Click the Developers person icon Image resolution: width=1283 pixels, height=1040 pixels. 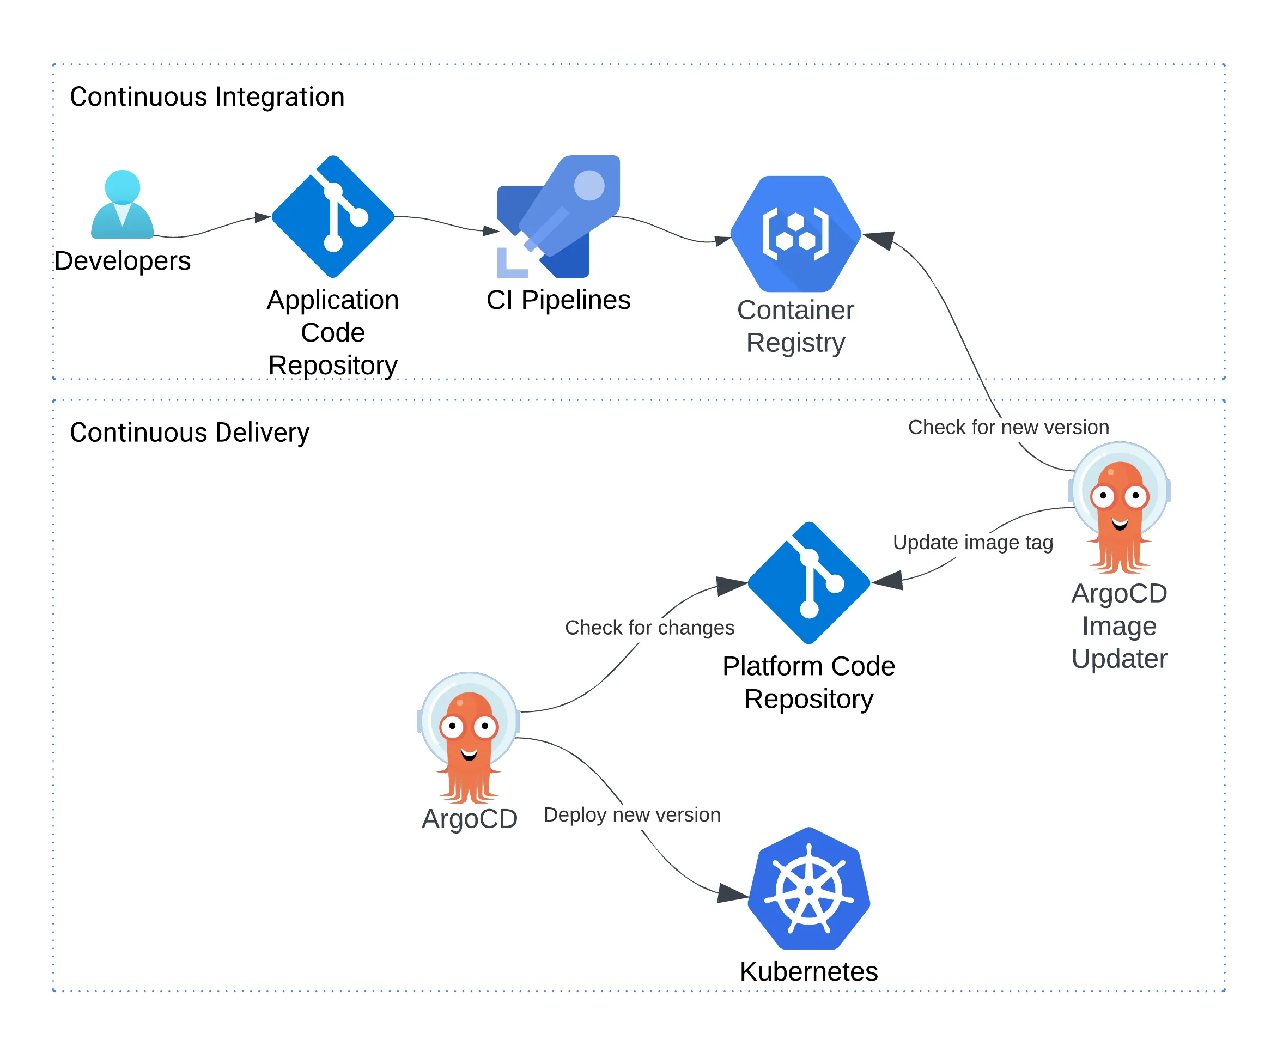[x=122, y=205]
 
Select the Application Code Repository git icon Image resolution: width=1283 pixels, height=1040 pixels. [x=333, y=217]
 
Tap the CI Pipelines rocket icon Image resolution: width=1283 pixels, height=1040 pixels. [x=558, y=217]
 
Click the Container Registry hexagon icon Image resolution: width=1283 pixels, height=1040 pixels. [x=795, y=234]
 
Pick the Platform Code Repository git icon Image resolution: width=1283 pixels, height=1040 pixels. [x=808, y=583]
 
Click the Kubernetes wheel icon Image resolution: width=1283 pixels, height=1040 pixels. [x=808, y=889]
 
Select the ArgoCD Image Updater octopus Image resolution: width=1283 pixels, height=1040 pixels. [x=1119, y=508]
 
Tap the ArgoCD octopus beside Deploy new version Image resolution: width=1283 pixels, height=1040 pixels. [x=469, y=738]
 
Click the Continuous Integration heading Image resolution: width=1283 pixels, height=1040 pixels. [x=207, y=97]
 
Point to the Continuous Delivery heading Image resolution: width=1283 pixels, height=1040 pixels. [x=189, y=433]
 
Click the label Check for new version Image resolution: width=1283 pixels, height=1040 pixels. [x=1008, y=427]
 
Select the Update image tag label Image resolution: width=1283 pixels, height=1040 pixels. [x=972, y=542]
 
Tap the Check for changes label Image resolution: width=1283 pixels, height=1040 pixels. [x=649, y=627]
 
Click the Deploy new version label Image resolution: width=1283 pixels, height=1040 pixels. [x=632, y=815]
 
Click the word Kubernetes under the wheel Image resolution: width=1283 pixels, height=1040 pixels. [x=808, y=971]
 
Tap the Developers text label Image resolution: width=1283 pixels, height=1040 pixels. [x=122, y=260]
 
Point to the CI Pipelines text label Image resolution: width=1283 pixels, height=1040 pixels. [x=558, y=300]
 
